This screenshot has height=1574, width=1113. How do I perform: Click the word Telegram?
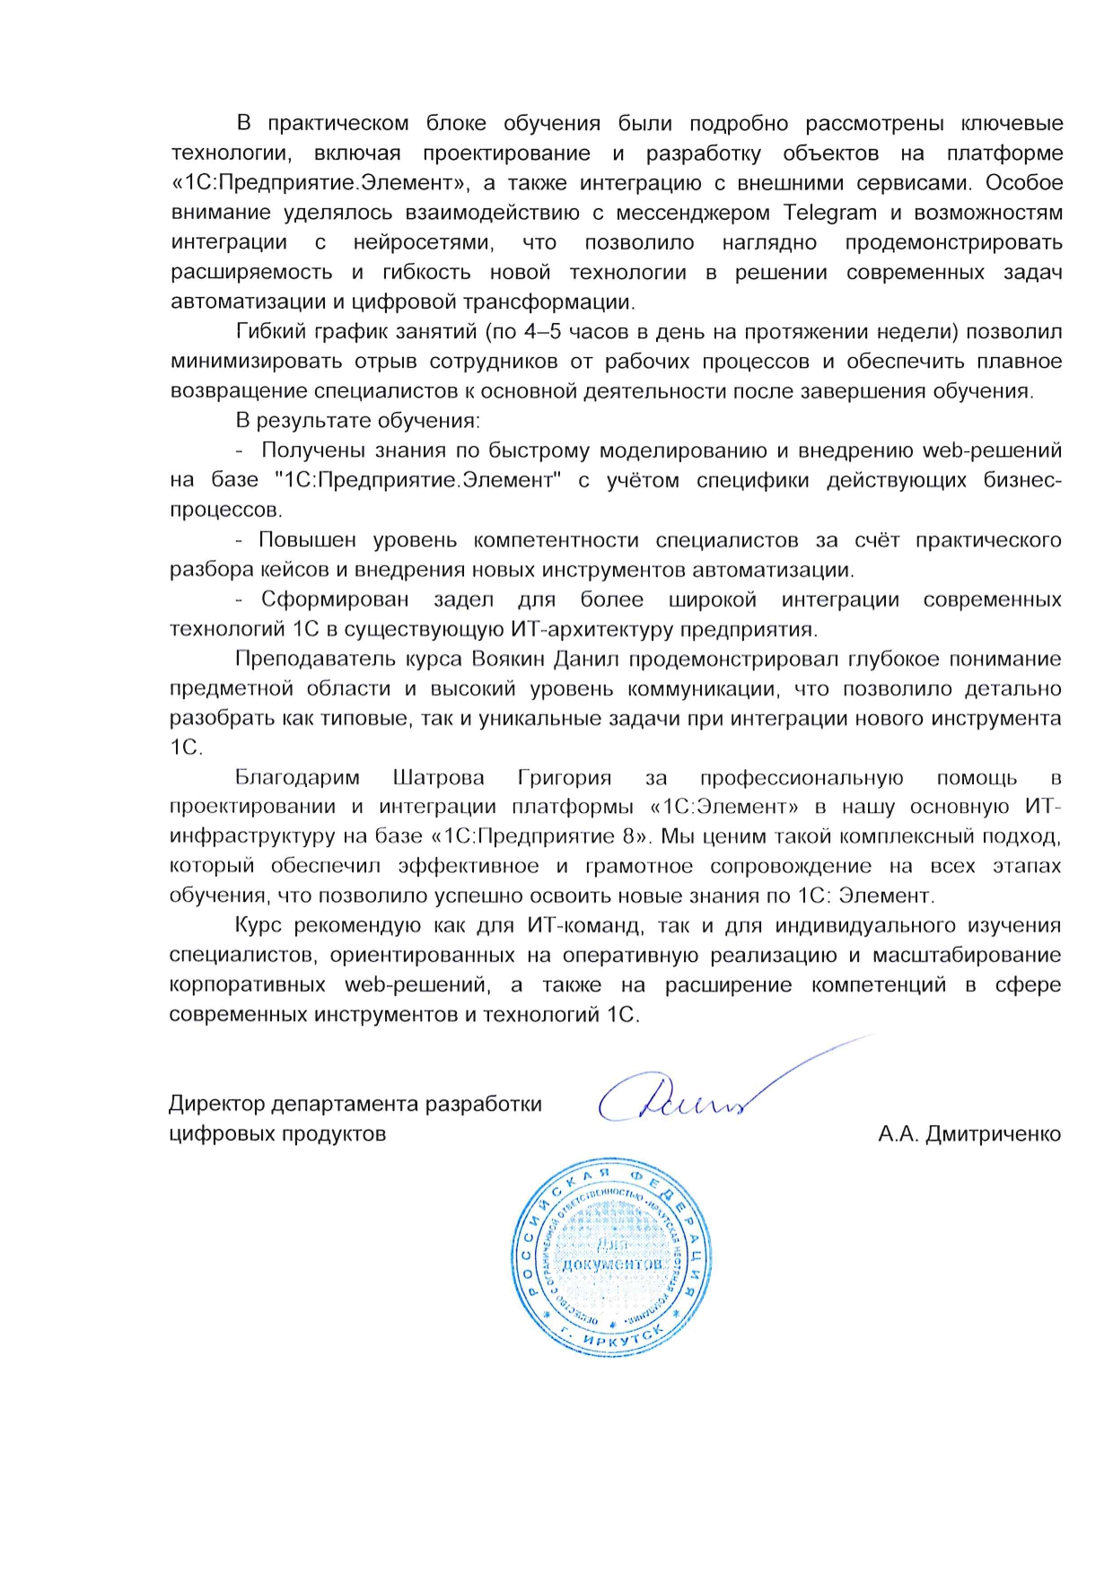click(830, 213)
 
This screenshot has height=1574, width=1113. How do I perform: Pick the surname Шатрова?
click(438, 777)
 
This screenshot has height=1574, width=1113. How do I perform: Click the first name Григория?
click(565, 777)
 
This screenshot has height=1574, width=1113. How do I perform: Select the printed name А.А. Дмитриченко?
click(969, 1134)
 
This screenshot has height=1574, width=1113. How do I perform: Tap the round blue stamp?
click(611, 1256)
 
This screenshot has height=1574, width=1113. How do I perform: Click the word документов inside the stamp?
click(612, 1264)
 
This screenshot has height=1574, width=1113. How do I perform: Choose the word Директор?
click(216, 1104)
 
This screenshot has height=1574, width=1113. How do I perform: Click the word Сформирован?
click(335, 599)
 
